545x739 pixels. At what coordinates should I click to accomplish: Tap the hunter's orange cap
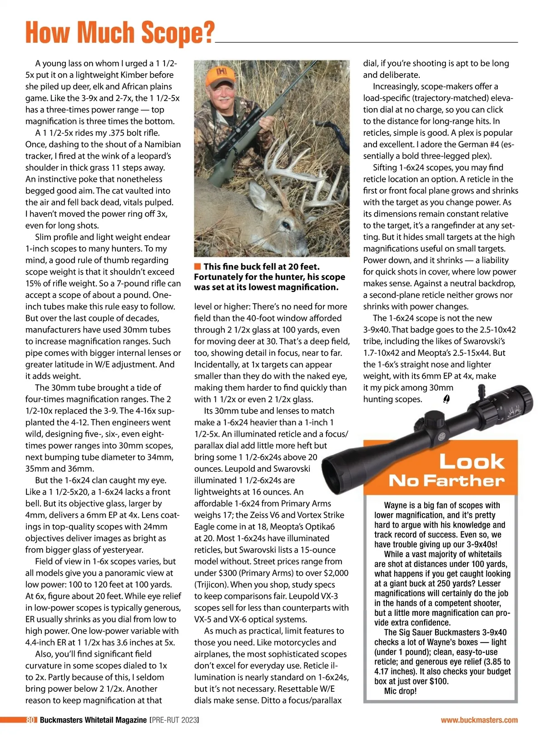(221, 76)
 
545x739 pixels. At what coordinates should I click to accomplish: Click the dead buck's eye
(286, 225)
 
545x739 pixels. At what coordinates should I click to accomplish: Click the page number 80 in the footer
(31, 720)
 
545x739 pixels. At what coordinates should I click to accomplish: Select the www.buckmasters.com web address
(479, 720)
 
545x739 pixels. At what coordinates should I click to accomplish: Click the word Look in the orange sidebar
(471, 462)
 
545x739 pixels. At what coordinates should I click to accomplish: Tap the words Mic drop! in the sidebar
(400, 691)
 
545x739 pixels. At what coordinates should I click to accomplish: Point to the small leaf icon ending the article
(446, 399)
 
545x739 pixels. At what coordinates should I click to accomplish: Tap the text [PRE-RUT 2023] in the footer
(174, 720)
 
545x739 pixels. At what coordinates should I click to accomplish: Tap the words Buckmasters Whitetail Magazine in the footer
(93, 720)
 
